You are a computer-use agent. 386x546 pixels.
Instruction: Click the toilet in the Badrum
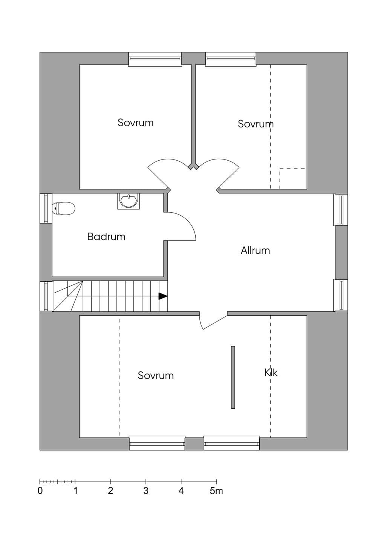(x=63, y=209)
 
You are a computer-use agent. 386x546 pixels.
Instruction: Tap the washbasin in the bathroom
(x=129, y=201)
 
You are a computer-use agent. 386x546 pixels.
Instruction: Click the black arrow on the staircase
(x=163, y=296)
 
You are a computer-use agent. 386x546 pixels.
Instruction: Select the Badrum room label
(x=106, y=237)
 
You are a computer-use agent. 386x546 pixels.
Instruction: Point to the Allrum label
(x=255, y=250)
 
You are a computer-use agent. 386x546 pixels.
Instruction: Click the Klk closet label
(x=271, y=373)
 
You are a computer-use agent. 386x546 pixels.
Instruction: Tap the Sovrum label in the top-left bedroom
(x=135, y=123)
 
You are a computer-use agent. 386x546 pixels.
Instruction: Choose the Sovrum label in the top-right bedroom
(x=256, y=124)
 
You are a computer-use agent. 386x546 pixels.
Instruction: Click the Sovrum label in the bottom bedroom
(x=156, y=376)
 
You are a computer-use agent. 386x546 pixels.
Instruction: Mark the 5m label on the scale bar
(x=216, y=491)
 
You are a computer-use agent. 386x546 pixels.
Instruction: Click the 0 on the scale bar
(x=40, y=491)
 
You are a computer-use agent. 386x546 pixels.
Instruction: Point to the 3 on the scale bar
(x=146, y=491)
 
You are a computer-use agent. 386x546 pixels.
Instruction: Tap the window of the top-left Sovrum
(x=155, y=59)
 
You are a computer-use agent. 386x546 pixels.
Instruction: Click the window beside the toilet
(x=46, y=208)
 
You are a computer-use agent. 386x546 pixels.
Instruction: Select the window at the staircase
(x=46, y=296)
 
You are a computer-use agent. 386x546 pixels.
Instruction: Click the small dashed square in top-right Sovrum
(x=292, y=178)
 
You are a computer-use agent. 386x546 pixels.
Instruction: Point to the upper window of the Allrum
(x=341, y=210)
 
